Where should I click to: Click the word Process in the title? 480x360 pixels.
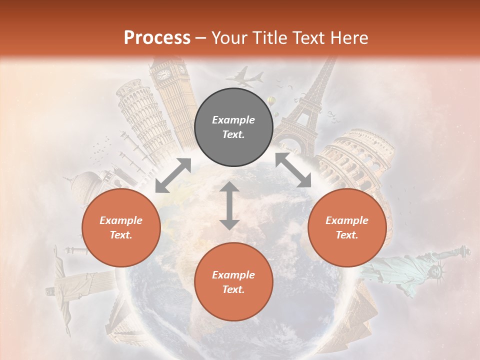(x=157, y=38)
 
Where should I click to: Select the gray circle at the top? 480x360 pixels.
(x=233, y=127)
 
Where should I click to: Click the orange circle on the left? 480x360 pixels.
(x=121, y=228)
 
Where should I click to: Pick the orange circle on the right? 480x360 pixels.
(x=346, y=228)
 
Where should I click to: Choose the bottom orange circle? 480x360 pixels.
(x=233, y=282)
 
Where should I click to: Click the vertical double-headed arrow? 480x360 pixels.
(x=229, y=205)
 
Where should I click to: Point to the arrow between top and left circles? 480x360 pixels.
(x=173, y=175)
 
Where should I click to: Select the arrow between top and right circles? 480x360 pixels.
(x=293, y=170)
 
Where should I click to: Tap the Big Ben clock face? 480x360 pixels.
(x=163, y=74)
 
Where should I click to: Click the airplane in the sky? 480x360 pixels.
(x=244, y=77)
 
